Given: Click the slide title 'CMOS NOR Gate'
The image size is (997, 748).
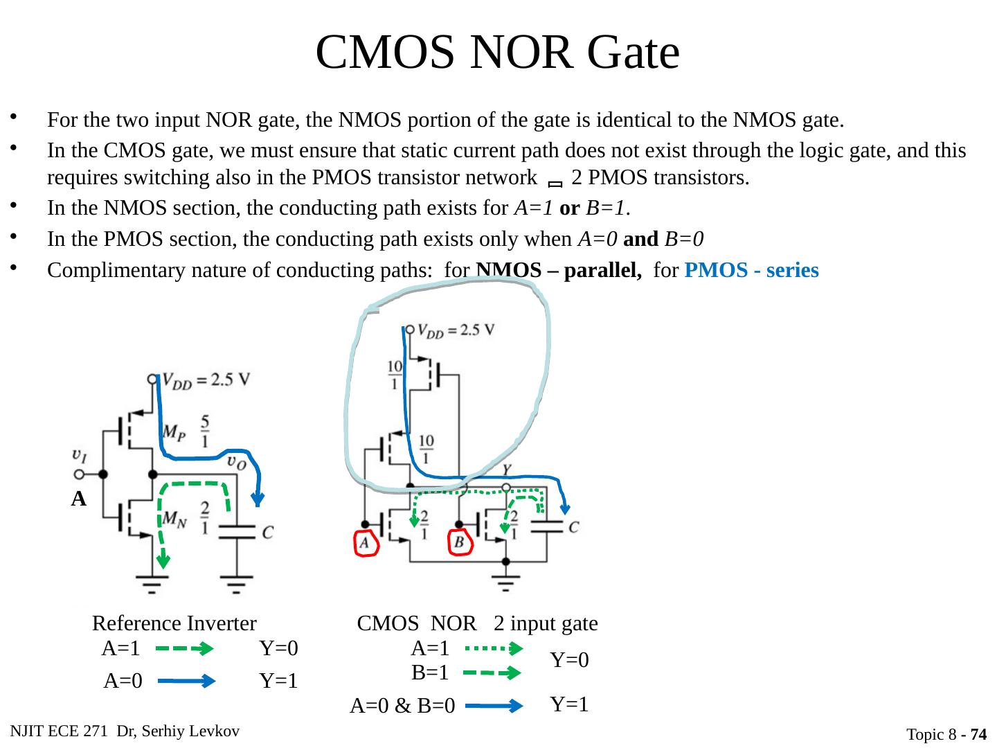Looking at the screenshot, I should [x=497, y=53].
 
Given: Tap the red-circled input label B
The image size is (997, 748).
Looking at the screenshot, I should [x=460, y=544].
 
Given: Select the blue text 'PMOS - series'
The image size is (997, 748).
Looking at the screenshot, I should [x=751, y=270].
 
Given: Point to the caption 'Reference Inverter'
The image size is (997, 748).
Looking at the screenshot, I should [x=174, y=624].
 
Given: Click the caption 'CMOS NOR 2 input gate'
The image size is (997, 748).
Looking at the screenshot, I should [x=477, y=624].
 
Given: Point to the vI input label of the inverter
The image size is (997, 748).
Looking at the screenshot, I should [x=80, y=455].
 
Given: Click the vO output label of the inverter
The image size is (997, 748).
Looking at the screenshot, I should [x=236, y=462].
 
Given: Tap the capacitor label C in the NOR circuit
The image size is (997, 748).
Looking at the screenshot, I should [x=573, y=527].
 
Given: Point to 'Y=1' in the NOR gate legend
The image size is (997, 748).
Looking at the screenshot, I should [x=570, y=704].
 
